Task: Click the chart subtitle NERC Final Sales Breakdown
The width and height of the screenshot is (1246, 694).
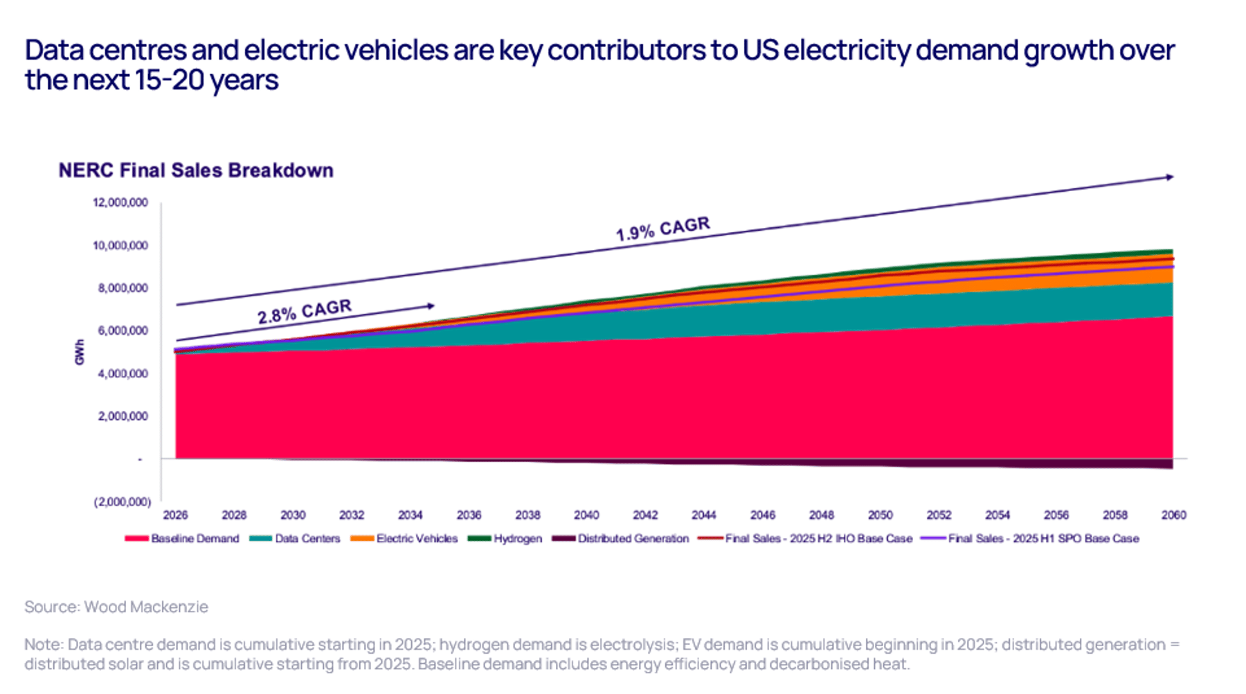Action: (x=196, y=170)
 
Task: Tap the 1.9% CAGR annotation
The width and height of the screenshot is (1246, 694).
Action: (x=663, y=229)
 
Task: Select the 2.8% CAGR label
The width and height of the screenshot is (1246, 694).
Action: (x=305, y=312)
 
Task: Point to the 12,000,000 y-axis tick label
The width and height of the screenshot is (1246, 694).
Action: (x=120, y=202)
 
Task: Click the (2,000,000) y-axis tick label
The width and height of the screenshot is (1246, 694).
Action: (x=123, y=501)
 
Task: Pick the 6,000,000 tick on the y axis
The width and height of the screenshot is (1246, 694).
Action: (x=123, y=330)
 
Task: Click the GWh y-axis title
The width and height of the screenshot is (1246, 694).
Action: (x=80, y=352)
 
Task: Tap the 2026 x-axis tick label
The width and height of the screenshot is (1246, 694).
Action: (x=175, y=515)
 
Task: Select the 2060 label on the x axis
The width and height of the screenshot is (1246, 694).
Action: (x=1173, y=515)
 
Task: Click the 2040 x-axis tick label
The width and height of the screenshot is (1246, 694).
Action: (x=586, y=515)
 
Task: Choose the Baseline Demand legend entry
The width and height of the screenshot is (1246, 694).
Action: (x=182, y=538)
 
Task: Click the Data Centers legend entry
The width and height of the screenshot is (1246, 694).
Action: (x=295, y=538)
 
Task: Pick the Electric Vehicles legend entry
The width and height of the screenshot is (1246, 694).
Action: (x=404, y=538)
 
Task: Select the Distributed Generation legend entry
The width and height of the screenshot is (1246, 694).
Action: (x=621, y=538)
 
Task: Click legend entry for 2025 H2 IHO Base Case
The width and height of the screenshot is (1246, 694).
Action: (x=806, y=538)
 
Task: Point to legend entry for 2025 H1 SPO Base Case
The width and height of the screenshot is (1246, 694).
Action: (x=1030, y=538)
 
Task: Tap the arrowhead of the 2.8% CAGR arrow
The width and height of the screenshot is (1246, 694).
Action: (x=431, y=305)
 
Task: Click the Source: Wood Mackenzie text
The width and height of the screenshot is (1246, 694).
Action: (x=116, y=607)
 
